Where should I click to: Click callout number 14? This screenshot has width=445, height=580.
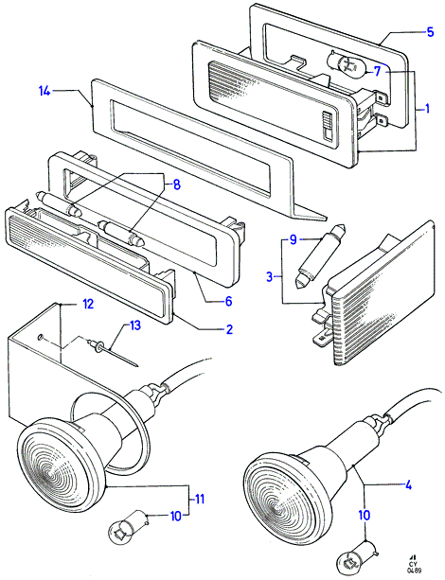click(x=44, y=91)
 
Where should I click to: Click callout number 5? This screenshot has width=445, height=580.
click(x=430, y=32)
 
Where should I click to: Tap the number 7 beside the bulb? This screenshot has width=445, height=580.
click(x=377, y=71)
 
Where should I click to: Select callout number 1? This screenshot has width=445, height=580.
click(x=427, y=109)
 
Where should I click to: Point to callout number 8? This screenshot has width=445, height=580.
click(x=177, y=185)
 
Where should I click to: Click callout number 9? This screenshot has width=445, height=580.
click(x=294, y=239)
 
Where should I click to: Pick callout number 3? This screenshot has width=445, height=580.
click(x=270, y=276)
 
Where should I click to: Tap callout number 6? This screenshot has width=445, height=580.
click(x=228, y=301)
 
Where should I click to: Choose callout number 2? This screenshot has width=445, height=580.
click(x=229, y=329)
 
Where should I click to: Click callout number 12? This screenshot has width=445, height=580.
click(x=88, y=304)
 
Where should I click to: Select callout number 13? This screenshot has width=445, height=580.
click(x=134, y=325)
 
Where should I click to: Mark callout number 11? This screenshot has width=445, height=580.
click(x=200, y=499)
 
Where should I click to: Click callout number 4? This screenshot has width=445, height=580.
click(x=408, y=485)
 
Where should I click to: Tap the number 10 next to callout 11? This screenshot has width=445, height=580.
click(x=176, y=516)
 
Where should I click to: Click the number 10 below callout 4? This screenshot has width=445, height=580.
click(x=365, y=515)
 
